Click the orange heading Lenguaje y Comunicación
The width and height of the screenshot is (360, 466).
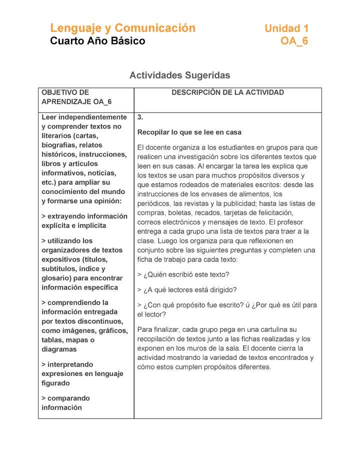[122, 28]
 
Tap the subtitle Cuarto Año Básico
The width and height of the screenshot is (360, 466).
[97, 41]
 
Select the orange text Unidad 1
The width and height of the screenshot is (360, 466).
[286, 28]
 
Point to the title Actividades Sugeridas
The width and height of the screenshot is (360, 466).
[179, 75]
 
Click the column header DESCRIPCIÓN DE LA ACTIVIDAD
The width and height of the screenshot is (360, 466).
[227, 92]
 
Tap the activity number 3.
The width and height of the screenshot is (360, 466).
[140, 117]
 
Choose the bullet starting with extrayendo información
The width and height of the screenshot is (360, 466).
[84, 221]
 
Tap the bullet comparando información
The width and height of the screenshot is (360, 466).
[65, 403]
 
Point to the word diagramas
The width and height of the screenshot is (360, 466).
[60, 349]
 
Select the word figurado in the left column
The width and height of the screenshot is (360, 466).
[56, 383]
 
